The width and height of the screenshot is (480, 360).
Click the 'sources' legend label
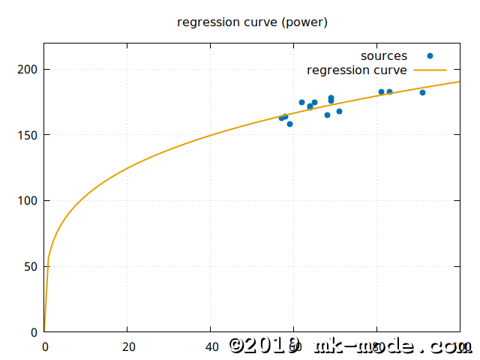pos(384,56)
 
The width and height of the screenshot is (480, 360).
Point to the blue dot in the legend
pos(430,56)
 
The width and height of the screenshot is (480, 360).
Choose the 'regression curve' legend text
pos(357,70)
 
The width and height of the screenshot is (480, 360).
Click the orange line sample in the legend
pos(430,70)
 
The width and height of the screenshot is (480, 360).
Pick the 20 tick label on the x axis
pos(127,346)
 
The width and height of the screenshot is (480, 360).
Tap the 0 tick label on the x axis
pos(45,346)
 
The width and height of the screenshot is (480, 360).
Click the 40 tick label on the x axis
pos(211,346)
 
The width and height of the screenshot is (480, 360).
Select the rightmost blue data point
pos(422,92)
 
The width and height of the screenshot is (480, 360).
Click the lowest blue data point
pos(289,124)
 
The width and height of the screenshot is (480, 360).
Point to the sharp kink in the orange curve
pos(49,258)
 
